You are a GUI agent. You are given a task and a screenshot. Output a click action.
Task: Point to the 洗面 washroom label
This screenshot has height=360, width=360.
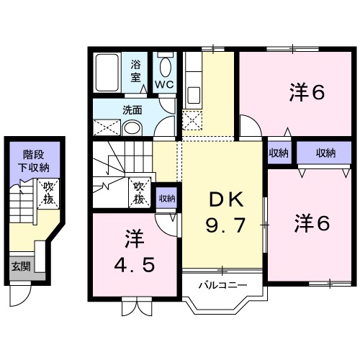(131, 111)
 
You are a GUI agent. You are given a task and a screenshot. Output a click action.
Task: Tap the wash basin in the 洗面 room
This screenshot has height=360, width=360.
(132, 127)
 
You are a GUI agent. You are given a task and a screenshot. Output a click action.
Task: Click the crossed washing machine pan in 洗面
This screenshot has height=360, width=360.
(105, 127)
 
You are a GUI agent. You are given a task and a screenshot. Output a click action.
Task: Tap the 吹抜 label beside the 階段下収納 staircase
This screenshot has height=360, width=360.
(48, 192)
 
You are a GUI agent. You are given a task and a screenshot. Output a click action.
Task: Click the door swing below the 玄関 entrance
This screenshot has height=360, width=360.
(21, 293)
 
